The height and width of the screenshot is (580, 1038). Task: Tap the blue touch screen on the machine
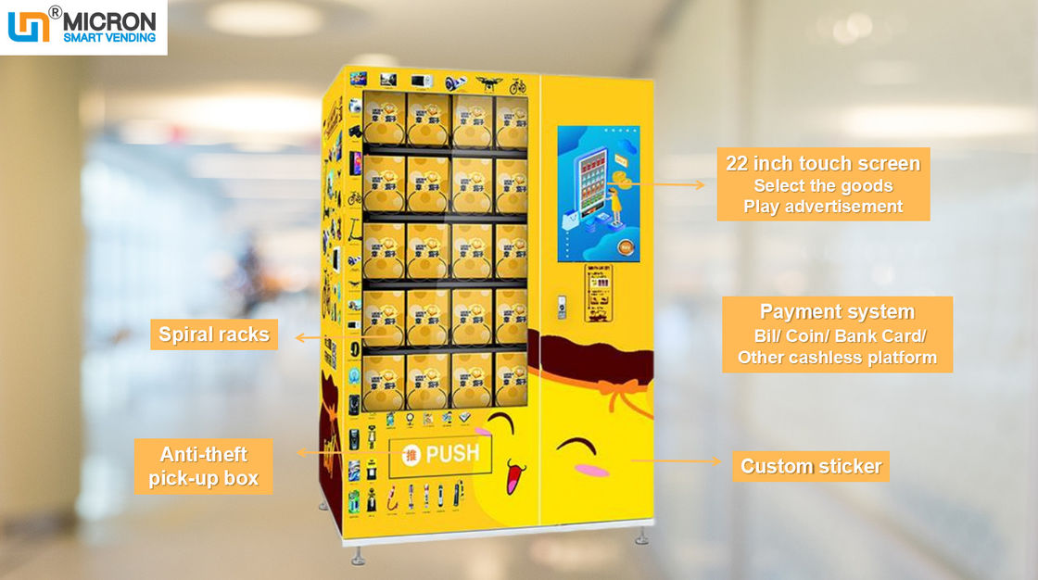pos(600,194)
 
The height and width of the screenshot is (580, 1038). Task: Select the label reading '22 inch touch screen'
pos(822,164)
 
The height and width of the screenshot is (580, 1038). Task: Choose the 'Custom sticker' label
pos(811,466)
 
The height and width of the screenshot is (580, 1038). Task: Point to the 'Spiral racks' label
pos(213,334)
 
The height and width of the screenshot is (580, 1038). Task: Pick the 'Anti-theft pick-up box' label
pos(204,466)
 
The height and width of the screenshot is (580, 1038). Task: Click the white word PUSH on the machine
pos(452,454)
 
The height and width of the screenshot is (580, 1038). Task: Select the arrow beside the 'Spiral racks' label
pos(309,338)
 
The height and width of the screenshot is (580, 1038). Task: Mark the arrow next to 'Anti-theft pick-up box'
pos(310,452)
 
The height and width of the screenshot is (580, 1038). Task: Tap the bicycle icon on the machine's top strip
pos(517,86)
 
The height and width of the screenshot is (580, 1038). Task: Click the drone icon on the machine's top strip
pos(487,84)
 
